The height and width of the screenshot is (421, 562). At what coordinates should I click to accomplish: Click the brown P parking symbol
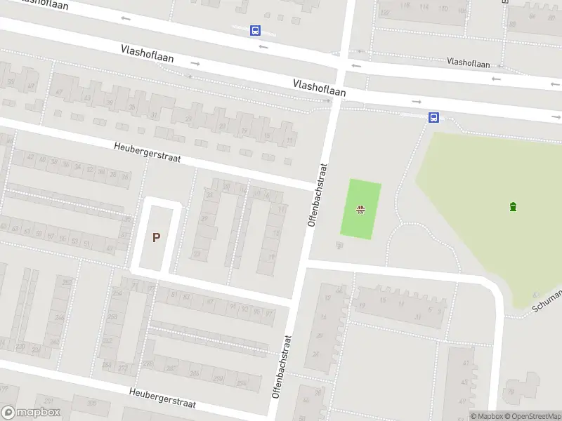click(x=156, y=237)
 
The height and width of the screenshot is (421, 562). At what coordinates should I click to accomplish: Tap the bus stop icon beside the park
click(x=435, y=117)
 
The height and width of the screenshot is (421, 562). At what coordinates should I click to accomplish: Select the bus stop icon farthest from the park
click(x=255, y=30)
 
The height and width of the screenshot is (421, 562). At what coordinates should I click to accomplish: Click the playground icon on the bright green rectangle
click(x=360, y=208)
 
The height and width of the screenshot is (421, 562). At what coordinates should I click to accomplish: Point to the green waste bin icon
click(x=514, y=206)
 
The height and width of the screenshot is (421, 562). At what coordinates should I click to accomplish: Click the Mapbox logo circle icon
click(x=9, y=412)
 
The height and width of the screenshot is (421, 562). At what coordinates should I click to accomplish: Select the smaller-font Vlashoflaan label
click(x=469, y=63)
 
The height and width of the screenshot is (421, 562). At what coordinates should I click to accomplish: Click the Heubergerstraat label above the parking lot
click(x=148, y=152)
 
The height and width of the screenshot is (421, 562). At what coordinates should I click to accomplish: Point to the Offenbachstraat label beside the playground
click(x=318, y=194)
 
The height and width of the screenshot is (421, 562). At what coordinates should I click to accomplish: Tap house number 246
click(x=59, y=319)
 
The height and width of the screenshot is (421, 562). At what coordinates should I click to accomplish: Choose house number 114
click(x=424, y=8)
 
